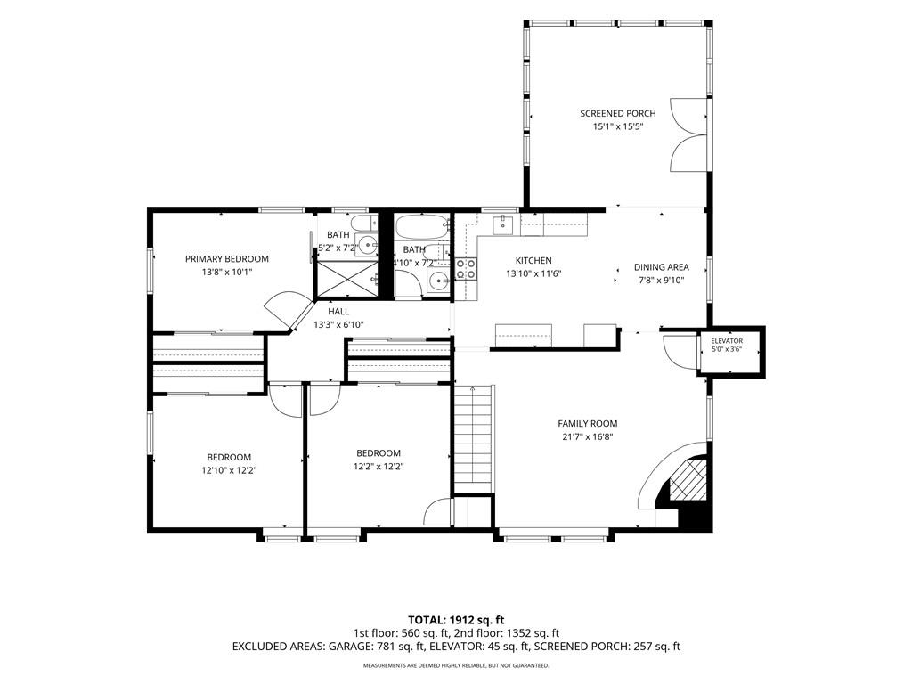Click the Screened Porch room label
(x=618, y=113)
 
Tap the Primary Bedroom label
(x=227, y=259)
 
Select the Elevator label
(x=727, y=341)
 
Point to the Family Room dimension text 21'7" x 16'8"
(x=588, y=436)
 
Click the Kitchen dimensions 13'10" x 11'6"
(x=533, y=273)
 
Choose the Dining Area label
(x=662, y=267)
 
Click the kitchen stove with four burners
(x=466, y=269)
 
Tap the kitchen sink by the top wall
(x=502, y=224)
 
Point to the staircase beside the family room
(x=474, y=438)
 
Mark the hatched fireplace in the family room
(x=688, y=478)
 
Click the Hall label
(x=338, y=312)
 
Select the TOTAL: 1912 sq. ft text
(x=456, y=620)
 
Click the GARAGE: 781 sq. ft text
(x=377, y=647)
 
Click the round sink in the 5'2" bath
(x=367, y=244)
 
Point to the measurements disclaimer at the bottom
(x=456, y=664)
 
